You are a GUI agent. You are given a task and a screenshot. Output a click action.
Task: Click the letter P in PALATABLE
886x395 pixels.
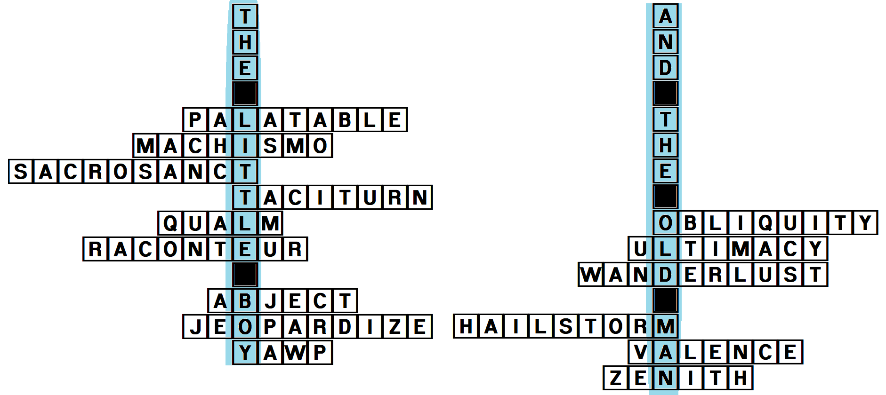click(195, 120)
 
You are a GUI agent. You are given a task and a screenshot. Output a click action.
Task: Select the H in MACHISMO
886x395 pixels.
click(220, 146)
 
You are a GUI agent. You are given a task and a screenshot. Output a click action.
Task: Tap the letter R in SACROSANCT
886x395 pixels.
click(95, 172)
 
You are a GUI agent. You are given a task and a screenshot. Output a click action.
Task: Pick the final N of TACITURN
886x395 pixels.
click(419, 197)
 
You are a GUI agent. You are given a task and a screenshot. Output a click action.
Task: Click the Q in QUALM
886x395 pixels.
click(170, 223)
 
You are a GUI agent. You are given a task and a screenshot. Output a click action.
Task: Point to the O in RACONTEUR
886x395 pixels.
click(170, 249)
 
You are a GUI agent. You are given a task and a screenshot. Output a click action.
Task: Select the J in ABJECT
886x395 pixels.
click(270, 301)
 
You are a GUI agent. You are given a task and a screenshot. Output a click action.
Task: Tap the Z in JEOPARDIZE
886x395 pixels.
click(395, 327)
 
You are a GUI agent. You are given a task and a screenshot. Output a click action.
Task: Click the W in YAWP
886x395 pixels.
click(295, 353)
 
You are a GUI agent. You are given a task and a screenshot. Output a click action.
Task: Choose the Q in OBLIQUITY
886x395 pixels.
click(765, 223)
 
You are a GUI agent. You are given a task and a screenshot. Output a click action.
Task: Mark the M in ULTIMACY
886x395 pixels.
click(740, 249)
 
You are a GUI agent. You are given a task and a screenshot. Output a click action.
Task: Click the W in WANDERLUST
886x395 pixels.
click(591, 275)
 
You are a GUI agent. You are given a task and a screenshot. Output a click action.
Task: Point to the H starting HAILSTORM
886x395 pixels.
click(466, 326)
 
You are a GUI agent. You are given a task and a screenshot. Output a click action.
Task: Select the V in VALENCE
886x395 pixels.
click(640, 352)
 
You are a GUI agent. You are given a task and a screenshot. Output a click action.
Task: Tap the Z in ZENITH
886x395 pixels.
click(615, 378)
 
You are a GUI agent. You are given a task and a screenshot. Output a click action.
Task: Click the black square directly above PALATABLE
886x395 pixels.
click(245, 94)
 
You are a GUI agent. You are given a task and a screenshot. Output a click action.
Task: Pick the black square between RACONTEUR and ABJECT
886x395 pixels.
click(245, 275)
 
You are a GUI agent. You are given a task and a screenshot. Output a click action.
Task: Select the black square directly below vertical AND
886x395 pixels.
click(665, 93)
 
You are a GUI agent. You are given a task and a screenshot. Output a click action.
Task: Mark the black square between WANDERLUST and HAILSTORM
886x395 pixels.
click(665, 300)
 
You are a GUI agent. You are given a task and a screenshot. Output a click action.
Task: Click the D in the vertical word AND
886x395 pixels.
click(665, 68)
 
